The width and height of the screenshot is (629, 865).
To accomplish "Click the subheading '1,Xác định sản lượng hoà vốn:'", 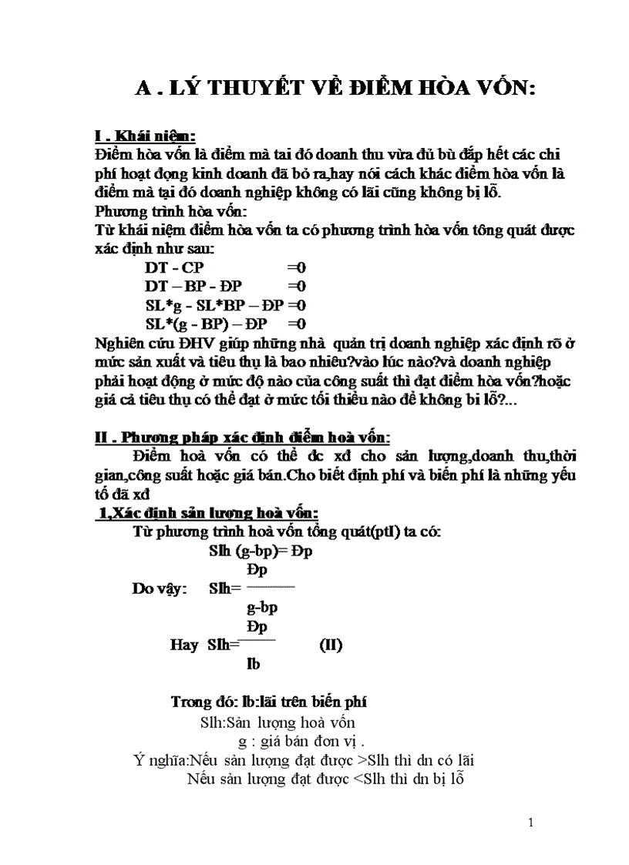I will (206, 514).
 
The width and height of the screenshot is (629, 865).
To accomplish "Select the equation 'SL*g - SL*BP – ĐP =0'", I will (225, 305).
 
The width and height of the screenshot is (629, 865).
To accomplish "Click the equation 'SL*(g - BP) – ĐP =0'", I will (225, 324).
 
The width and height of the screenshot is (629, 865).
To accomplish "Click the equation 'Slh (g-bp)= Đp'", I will (260, 552).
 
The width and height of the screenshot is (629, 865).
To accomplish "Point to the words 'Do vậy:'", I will (159, 589).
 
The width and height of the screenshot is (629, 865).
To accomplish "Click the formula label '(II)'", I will (331, 645).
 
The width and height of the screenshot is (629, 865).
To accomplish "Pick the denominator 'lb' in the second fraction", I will (253, 664).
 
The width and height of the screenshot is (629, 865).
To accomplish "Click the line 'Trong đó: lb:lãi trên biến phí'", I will (268, 702).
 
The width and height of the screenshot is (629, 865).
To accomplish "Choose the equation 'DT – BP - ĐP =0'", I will (225, 287).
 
